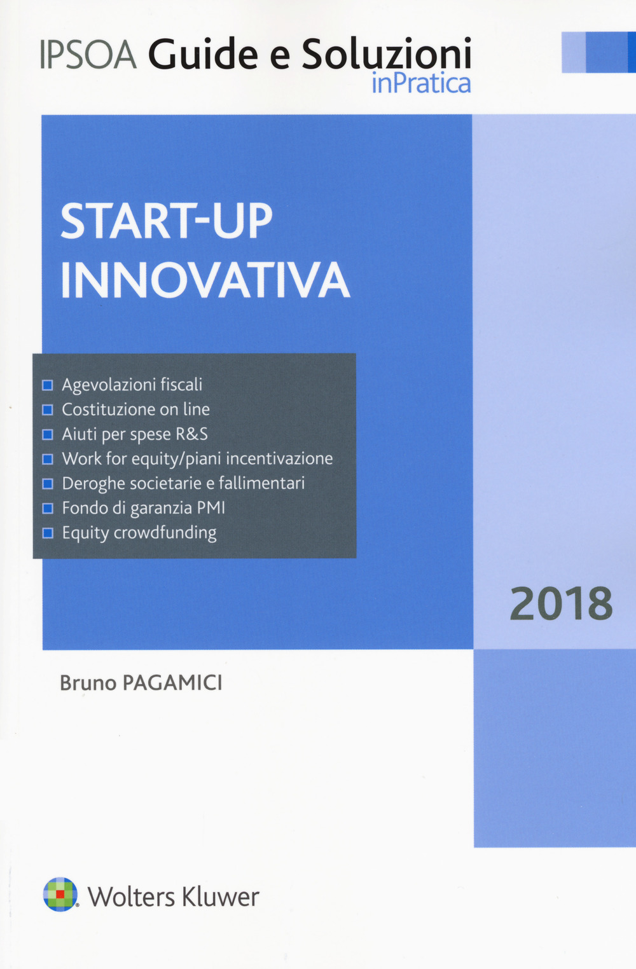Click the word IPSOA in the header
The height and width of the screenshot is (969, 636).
(88, 55)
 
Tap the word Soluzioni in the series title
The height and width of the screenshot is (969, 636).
(386, 55)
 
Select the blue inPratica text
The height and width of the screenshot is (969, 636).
(421, 83)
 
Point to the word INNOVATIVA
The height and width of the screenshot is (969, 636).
(205, 280)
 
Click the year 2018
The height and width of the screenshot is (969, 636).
(561, 604)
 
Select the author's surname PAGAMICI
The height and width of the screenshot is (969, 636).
(172, 683)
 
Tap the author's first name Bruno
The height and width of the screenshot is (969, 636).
(88, 683)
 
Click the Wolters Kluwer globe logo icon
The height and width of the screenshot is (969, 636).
(60, 894)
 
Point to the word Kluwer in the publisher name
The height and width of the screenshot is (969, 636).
(221, 897)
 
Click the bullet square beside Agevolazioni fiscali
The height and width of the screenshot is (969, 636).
(47, 385)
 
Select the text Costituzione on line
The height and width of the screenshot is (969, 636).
(135, 409)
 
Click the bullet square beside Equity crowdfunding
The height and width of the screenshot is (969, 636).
(47, 533)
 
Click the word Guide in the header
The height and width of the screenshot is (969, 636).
(203, 55)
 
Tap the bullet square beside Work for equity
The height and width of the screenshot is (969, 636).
(47, 459)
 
